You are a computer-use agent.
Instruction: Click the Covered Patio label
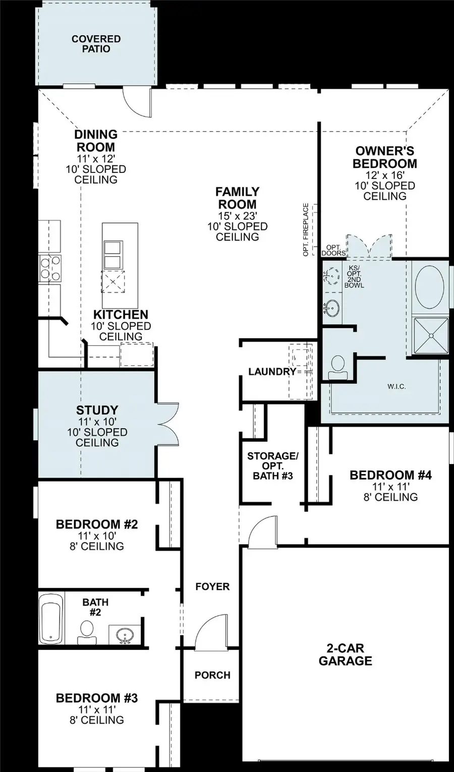pyautogui.click(x=96, y=44)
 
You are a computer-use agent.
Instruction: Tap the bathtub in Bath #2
pyautogui.click(x=51, y=618)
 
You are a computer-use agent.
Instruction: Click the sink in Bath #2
pyautogui.click(x=124, y=636)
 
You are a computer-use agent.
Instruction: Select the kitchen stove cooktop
pyautogui.click(x=50, y=267)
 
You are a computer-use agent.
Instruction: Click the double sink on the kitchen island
pyautogui.click(x=112, y=255)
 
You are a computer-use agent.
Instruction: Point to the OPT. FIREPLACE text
pyautogui.click(x=306, y=229)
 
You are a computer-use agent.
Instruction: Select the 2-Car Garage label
pyautogui.click(x=345, y=655)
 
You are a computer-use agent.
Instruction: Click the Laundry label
pyautogui.click(x=272, y=372)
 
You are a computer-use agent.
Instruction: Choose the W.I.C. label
pyautogui.click(x=396, y=386)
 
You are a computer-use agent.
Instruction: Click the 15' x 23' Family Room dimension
pyautogui.click(x=237, y=216)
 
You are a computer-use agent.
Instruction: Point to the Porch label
pyautogui.click(x=212, y=675)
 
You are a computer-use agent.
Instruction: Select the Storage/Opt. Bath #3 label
pyautogui.click(x=272, y=465)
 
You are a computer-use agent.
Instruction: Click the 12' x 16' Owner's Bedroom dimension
pyautogui.click(x=385, y=175)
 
